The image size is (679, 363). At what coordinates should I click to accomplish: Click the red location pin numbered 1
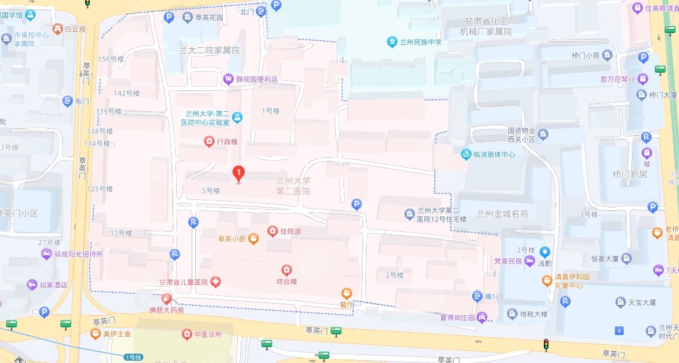click(238, 174)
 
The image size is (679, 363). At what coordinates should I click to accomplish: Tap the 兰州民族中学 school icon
click(393, 42)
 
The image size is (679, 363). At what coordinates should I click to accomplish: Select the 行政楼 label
click(227, 141)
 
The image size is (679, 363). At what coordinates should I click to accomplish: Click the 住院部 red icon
click(272, 231)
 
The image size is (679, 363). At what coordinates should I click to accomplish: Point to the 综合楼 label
click(286, 281)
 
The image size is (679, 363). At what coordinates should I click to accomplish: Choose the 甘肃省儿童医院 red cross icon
click(216, 282)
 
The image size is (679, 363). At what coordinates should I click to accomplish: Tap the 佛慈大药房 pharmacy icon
click(166, 299)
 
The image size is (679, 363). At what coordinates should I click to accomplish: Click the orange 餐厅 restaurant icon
click(347, 293)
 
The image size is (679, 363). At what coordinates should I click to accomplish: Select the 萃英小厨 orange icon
click(253, 239)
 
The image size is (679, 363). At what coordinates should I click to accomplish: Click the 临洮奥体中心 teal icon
click(466, 154)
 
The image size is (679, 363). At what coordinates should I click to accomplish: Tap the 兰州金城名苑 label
click(502, 214)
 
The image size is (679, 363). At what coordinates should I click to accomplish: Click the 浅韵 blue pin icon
click(544, 252)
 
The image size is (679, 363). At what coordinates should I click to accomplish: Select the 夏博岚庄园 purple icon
click(482, 318)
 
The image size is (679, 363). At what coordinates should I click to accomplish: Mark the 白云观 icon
click(58, 28)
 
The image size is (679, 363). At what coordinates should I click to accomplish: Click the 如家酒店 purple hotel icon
click(31, 285)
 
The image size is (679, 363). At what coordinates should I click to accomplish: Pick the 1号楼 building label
click(271, 110)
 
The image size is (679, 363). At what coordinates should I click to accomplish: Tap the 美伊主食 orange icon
click(95, 334)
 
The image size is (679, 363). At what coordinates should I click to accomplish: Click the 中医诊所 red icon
click(187, 334)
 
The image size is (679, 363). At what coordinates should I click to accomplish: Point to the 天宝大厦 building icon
click(620, 302)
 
